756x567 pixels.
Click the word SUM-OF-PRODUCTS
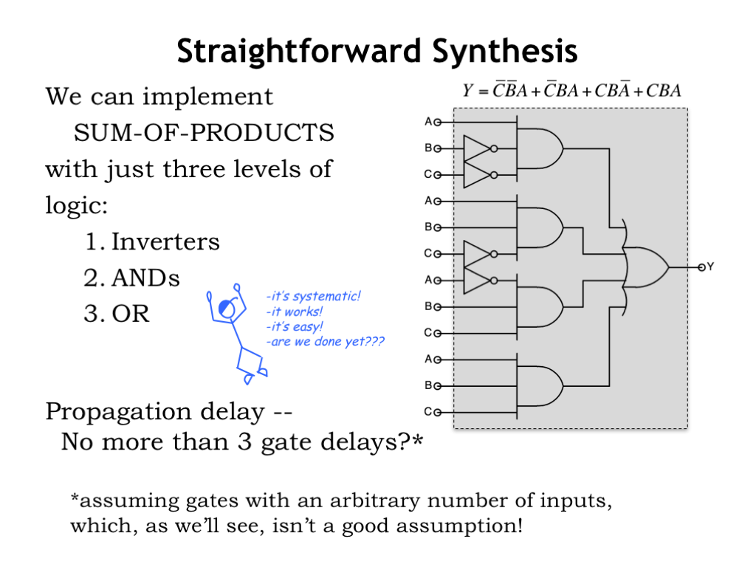(x=204, y=134)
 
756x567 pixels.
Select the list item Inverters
(x=165, y=241)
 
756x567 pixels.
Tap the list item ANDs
(x=145, y=278)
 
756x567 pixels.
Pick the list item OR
(x=131, y=314)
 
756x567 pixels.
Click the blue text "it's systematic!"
(x=313, y=297)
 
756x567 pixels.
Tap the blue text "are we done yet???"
(x=325, y=342)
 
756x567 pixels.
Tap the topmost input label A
(x=429, y=121)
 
